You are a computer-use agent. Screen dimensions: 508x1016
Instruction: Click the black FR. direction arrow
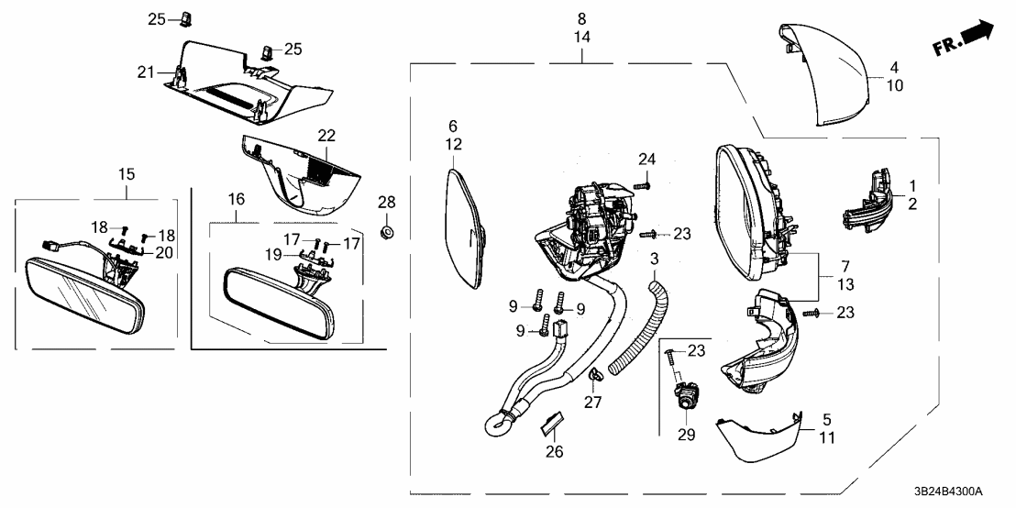tap(978, 33)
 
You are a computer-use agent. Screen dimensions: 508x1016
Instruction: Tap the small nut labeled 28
tap(387, 230)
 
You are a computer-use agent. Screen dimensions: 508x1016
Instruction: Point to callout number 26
tap(555, 451)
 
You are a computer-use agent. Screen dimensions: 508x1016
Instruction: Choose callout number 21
tap(148, 72)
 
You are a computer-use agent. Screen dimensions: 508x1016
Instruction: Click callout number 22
tap(326, 135)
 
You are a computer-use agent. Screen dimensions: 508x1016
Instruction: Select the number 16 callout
tap(236, 198)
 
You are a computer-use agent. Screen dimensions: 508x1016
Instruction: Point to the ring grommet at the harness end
tap(497, 424)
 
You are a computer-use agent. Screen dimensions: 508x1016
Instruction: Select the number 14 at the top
tap(582, 39)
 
